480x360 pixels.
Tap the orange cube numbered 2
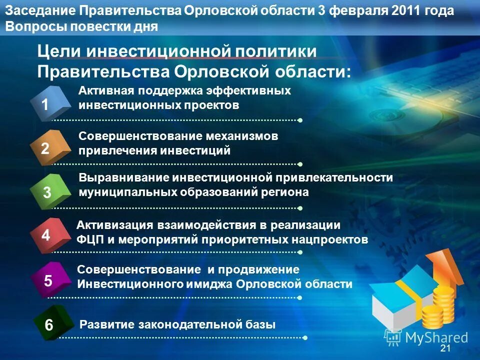(x=49, y=147)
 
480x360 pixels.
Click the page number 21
(x=445, y=348)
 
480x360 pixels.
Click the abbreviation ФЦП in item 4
(x=89, y=239)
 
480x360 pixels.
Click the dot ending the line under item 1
(x=300, y=120)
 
